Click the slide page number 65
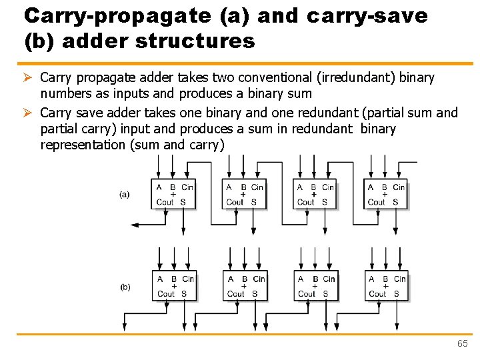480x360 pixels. (463, 343)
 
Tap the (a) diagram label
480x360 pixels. (125, 195)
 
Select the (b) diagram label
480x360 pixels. (125, 287)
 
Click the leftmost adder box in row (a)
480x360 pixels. (175, 194)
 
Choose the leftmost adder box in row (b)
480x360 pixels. (175, 286)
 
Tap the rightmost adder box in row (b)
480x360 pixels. (387, 286)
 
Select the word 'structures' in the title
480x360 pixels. (195, 41)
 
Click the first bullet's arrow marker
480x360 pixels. (29, 78)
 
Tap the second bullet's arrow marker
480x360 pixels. (29, 113)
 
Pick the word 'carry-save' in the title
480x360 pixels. (367, 15)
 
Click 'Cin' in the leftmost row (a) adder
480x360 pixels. (187, 187)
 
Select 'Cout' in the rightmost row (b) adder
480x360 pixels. (377, 293)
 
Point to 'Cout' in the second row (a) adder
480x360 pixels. (235, 202)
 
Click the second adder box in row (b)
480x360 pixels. (245, 286)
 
